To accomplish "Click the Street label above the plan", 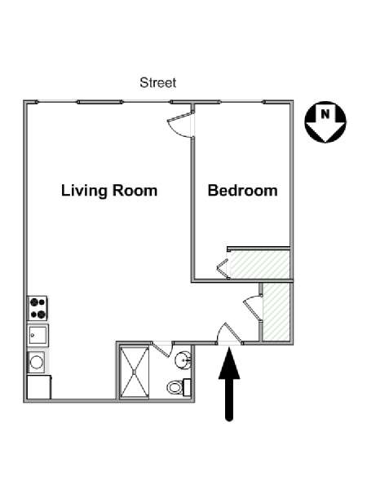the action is click(158, 82).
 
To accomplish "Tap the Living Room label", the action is click(109, 191).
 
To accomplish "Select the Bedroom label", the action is click(242, 191).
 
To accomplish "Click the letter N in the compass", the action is click(325, 114).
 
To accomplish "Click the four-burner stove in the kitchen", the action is click(38, 308).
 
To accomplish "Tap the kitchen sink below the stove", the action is click(38, 335).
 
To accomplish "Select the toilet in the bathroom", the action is click(179, 387).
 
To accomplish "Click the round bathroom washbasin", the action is click(183, 361).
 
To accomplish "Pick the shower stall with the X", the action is click(135, 372).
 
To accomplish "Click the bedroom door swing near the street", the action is click(181, 124).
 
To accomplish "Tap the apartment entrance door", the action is click(229, 333).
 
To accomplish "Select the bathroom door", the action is click(162, 349).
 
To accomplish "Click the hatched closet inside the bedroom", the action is click(259, 264).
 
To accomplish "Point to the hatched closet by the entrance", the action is click(276, 311).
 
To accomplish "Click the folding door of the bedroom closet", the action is click(223, 268).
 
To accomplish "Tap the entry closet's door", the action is click(253, 307).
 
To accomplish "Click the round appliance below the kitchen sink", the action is click(37, 362).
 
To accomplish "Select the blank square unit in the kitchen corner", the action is click(39, 387).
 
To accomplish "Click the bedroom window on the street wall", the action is click(241, 102).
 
